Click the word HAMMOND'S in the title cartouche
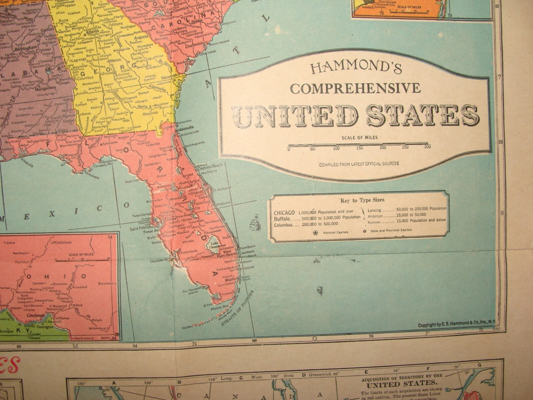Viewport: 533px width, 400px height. (x=356, y=69)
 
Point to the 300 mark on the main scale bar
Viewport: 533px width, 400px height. (x=427, y=147)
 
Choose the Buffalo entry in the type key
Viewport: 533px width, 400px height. (x=282, y=218)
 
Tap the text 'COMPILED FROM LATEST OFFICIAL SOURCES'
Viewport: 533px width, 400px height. (x=359, y=164)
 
